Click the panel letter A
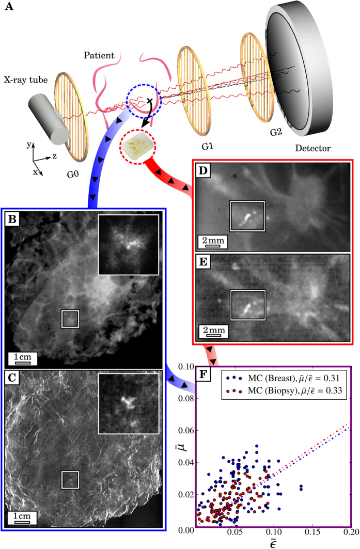pyautogui.click(x=9, y=9)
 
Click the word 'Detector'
pyautogui.click(x=312, y=149)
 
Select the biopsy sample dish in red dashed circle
pyautogui.click(x=137, y=148)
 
